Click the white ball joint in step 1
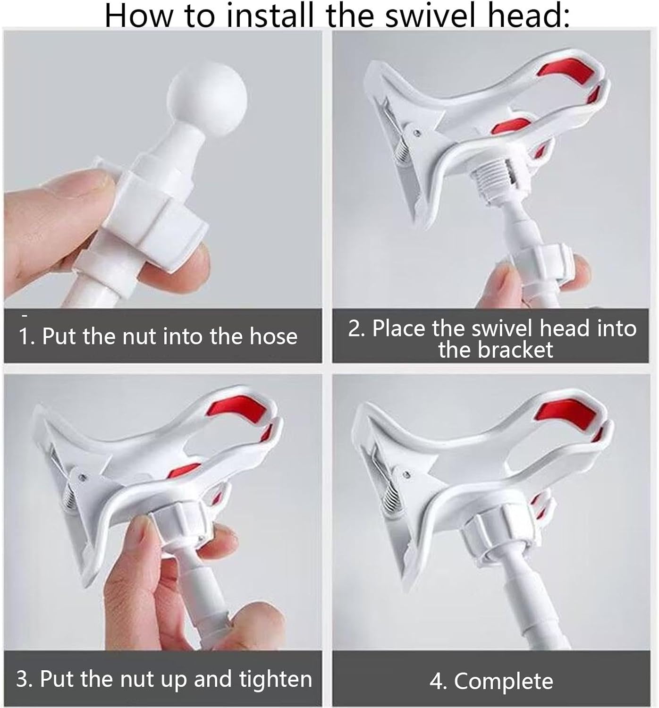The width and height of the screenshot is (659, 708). (207, 98)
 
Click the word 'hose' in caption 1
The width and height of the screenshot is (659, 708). (273, 336)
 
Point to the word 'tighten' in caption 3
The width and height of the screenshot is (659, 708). (276, 679)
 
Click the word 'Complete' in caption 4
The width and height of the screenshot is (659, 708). (504, 681)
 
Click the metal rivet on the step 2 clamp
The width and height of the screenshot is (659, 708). (416, 133)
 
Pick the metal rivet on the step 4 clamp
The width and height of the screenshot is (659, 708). (406, 474)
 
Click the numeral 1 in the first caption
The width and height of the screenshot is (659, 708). (24, 336)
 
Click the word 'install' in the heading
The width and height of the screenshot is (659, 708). (269, 15)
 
